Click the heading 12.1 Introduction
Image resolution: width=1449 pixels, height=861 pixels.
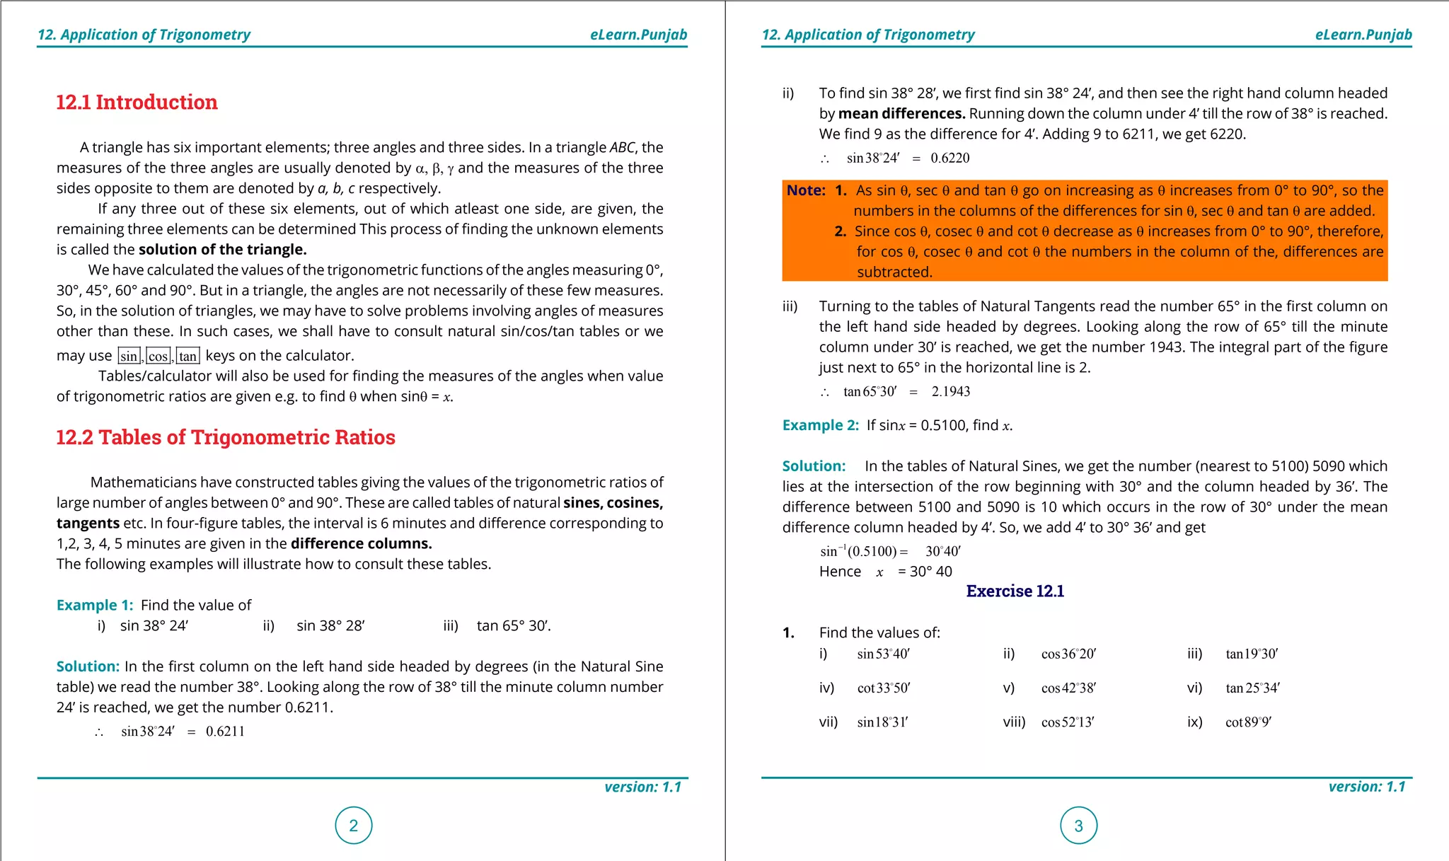[137, 103]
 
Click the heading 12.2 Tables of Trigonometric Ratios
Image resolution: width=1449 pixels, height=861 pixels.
[225, 437]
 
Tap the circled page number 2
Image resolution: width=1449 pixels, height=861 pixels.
[353, 825]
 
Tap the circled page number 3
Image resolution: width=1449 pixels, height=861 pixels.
[1078, 825]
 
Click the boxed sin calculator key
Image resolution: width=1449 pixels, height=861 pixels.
[129, 356]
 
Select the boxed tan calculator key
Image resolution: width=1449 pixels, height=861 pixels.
[187, 356]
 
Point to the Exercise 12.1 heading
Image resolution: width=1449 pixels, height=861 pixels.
[1015, 591]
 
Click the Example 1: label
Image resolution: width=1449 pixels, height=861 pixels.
[95, 605]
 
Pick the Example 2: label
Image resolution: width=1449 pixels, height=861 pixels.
[820, 425]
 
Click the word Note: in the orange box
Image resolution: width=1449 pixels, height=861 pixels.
[806, 190]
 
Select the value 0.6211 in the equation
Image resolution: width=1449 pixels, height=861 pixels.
[225, 732]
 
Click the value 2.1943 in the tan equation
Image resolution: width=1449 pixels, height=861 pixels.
[950, 392]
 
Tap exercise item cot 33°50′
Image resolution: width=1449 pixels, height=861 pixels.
[883, 688]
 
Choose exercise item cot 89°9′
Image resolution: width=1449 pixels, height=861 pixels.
[1248, 722]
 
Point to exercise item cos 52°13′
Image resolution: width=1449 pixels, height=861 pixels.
[1068, 722]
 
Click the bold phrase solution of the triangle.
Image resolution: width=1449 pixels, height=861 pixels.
[222, 250]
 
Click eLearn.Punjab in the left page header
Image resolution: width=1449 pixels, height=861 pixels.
[638, 35]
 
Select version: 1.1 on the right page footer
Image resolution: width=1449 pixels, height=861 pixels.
[1366, 787]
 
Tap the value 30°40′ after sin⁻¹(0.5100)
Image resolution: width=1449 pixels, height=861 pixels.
[942, 552]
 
